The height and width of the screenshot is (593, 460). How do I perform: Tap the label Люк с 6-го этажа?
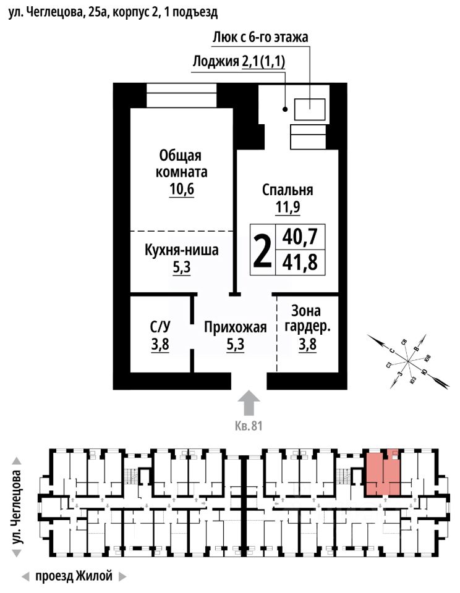click(260, 37)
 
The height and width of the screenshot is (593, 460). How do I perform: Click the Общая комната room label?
click(181, 163)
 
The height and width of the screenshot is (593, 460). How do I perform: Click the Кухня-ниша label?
click(181, 251)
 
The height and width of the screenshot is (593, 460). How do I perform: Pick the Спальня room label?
click(287, 190)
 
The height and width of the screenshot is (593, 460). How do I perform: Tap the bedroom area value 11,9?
click(287, 208)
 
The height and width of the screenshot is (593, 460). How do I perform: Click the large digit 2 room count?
click(263, 250)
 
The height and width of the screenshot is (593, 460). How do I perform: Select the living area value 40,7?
click(300, 237)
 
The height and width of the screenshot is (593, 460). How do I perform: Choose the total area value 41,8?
click(300, 263)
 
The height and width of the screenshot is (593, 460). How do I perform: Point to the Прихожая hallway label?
click(236, 327)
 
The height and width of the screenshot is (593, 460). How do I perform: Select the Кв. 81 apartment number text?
click(249, 426)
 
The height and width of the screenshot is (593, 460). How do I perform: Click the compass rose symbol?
click(408, 361)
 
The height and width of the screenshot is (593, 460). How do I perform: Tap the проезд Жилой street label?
click(74, 577)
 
